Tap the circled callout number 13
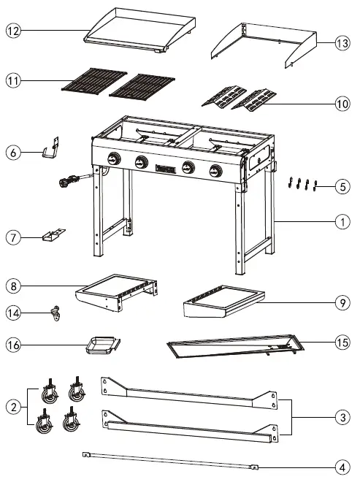(x=342, y=43)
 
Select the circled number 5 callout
(x=342, y=187)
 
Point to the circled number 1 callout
(x=342, y=218)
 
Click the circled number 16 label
(x=12, y=343)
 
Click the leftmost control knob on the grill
(x=113, y=161)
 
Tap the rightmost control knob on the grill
(x=215, y=171)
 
